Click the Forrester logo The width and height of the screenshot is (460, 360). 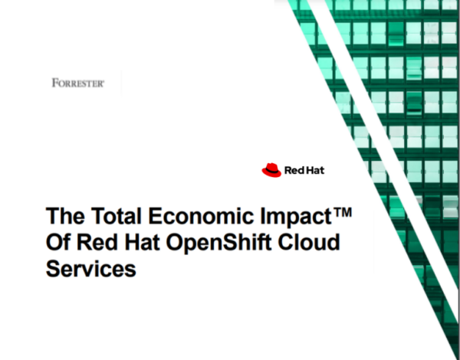tap(77, 82)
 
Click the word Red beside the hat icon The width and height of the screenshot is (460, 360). tap(295, 171)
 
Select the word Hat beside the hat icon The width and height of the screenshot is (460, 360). tap(315, 171)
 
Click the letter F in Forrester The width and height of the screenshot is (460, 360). tap(55, 82)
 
